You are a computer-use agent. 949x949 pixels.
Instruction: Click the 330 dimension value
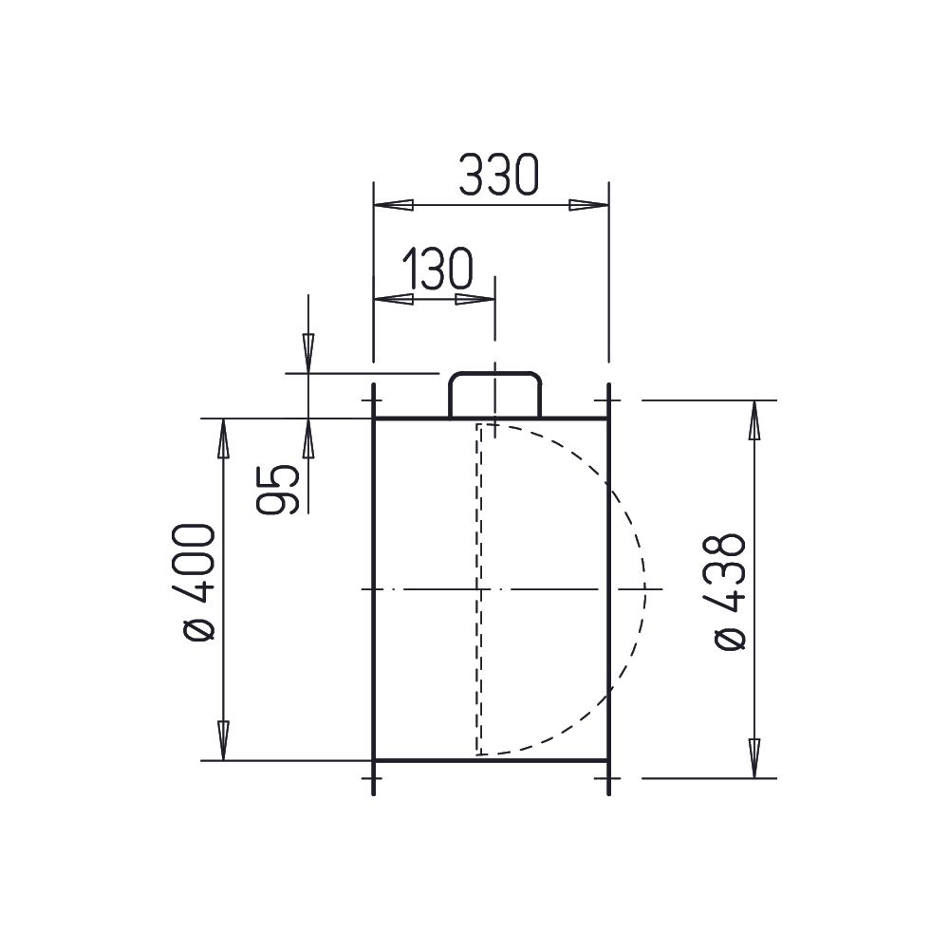pyautogui.click(x=498, y=175)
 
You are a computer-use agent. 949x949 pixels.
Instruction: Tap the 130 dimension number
pyautogui.click(x=437, y=269)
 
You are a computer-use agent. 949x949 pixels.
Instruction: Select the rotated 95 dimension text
pyautogui.click(x=277, y=489)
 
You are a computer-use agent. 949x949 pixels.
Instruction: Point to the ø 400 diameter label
pyautogui.click(x=199, y=583)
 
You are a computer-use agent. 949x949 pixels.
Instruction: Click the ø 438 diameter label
pyautogui.click(x=729, y=592)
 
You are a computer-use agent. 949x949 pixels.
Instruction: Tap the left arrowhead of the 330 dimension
pyautogui.click(x=394, y=205)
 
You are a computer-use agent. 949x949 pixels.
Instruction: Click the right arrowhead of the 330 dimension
pyautogui.click(x=588, y=205)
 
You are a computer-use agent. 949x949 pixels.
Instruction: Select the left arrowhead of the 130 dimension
pyautogui.click(x=394, y=299)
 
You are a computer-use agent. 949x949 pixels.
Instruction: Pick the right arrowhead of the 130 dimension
pyautogui.click(x=475, y=299)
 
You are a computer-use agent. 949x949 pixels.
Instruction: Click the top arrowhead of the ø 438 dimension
pyautogui.click(x=754, y=420)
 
